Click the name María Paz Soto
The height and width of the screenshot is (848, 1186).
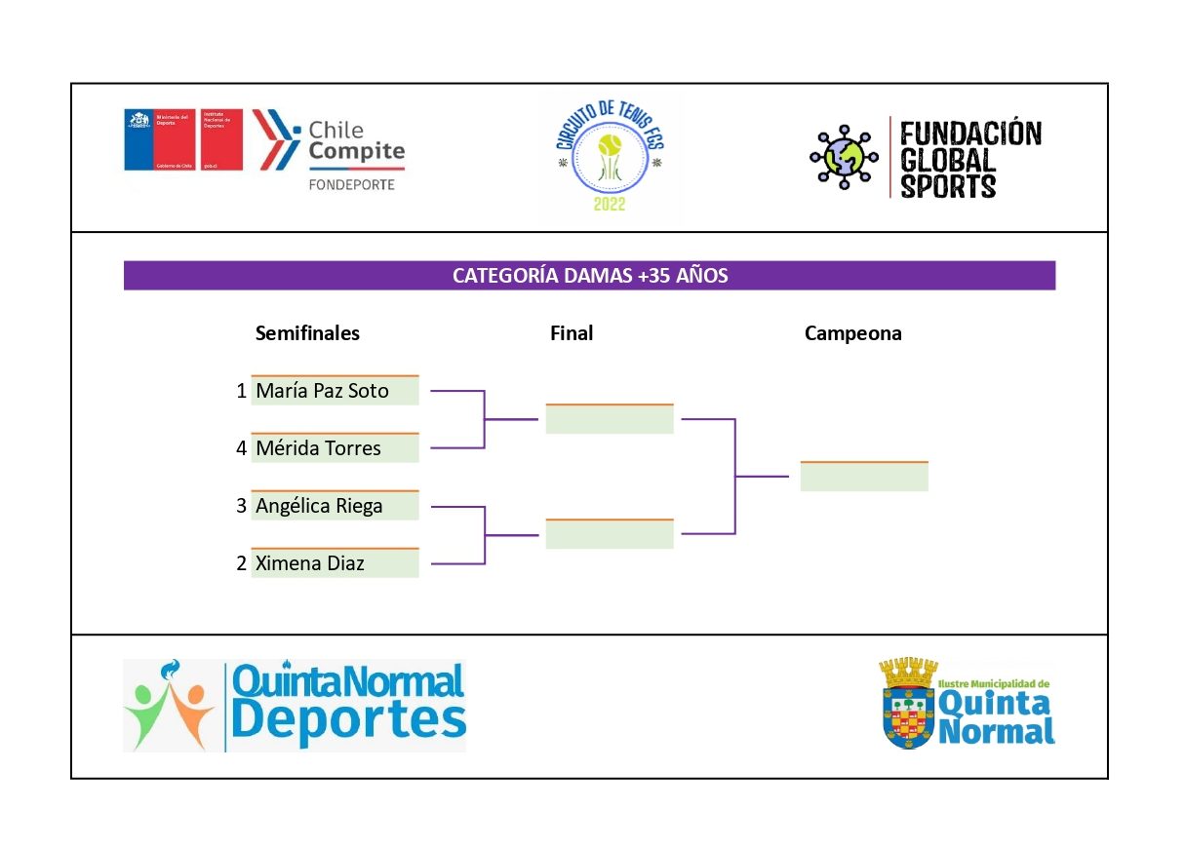322,391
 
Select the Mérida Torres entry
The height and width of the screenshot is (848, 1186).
318,448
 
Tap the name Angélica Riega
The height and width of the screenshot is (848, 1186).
319,506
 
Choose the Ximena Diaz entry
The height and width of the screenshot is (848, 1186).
308,563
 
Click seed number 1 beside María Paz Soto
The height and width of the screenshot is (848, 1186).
241,391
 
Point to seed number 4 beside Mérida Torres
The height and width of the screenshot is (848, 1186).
241,448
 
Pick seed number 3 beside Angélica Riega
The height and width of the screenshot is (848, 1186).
241,506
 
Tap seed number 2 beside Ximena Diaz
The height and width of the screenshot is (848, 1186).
241,563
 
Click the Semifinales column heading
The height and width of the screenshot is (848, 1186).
307,333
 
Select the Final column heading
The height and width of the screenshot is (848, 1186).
572,333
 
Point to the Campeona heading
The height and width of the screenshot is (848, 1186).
852,333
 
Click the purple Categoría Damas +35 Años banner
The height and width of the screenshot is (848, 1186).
589,276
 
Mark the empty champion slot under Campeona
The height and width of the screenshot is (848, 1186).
863,477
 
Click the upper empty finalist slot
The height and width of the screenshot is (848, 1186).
610,419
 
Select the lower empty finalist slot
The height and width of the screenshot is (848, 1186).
610,534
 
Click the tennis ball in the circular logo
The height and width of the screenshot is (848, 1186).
611,147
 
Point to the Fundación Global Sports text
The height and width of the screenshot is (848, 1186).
969,159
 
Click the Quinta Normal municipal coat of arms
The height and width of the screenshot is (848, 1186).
908,704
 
